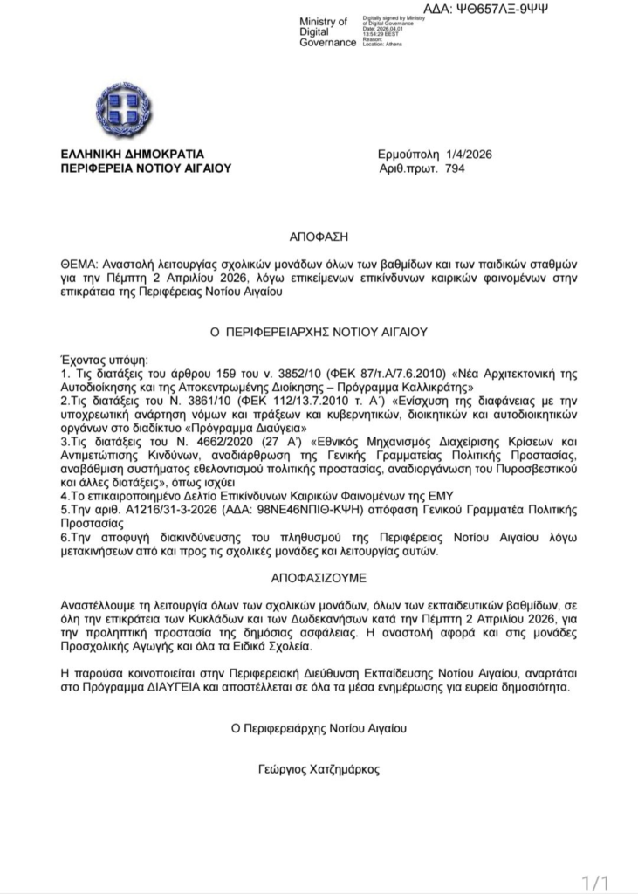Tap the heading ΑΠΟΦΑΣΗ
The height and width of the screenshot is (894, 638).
(319, 237)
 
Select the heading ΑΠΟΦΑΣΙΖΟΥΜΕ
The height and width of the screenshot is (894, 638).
(319, 578)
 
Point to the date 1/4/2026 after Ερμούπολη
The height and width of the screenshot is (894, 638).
(469, 155)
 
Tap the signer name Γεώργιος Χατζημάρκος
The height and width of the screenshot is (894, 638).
(319, 770)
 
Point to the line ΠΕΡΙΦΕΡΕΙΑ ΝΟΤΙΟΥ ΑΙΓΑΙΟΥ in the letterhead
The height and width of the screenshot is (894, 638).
(146, 168)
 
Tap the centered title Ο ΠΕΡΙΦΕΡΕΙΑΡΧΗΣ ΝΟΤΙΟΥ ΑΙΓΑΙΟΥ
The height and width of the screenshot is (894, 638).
(319, 333)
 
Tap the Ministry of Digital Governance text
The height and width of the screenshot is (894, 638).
(323, 31)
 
